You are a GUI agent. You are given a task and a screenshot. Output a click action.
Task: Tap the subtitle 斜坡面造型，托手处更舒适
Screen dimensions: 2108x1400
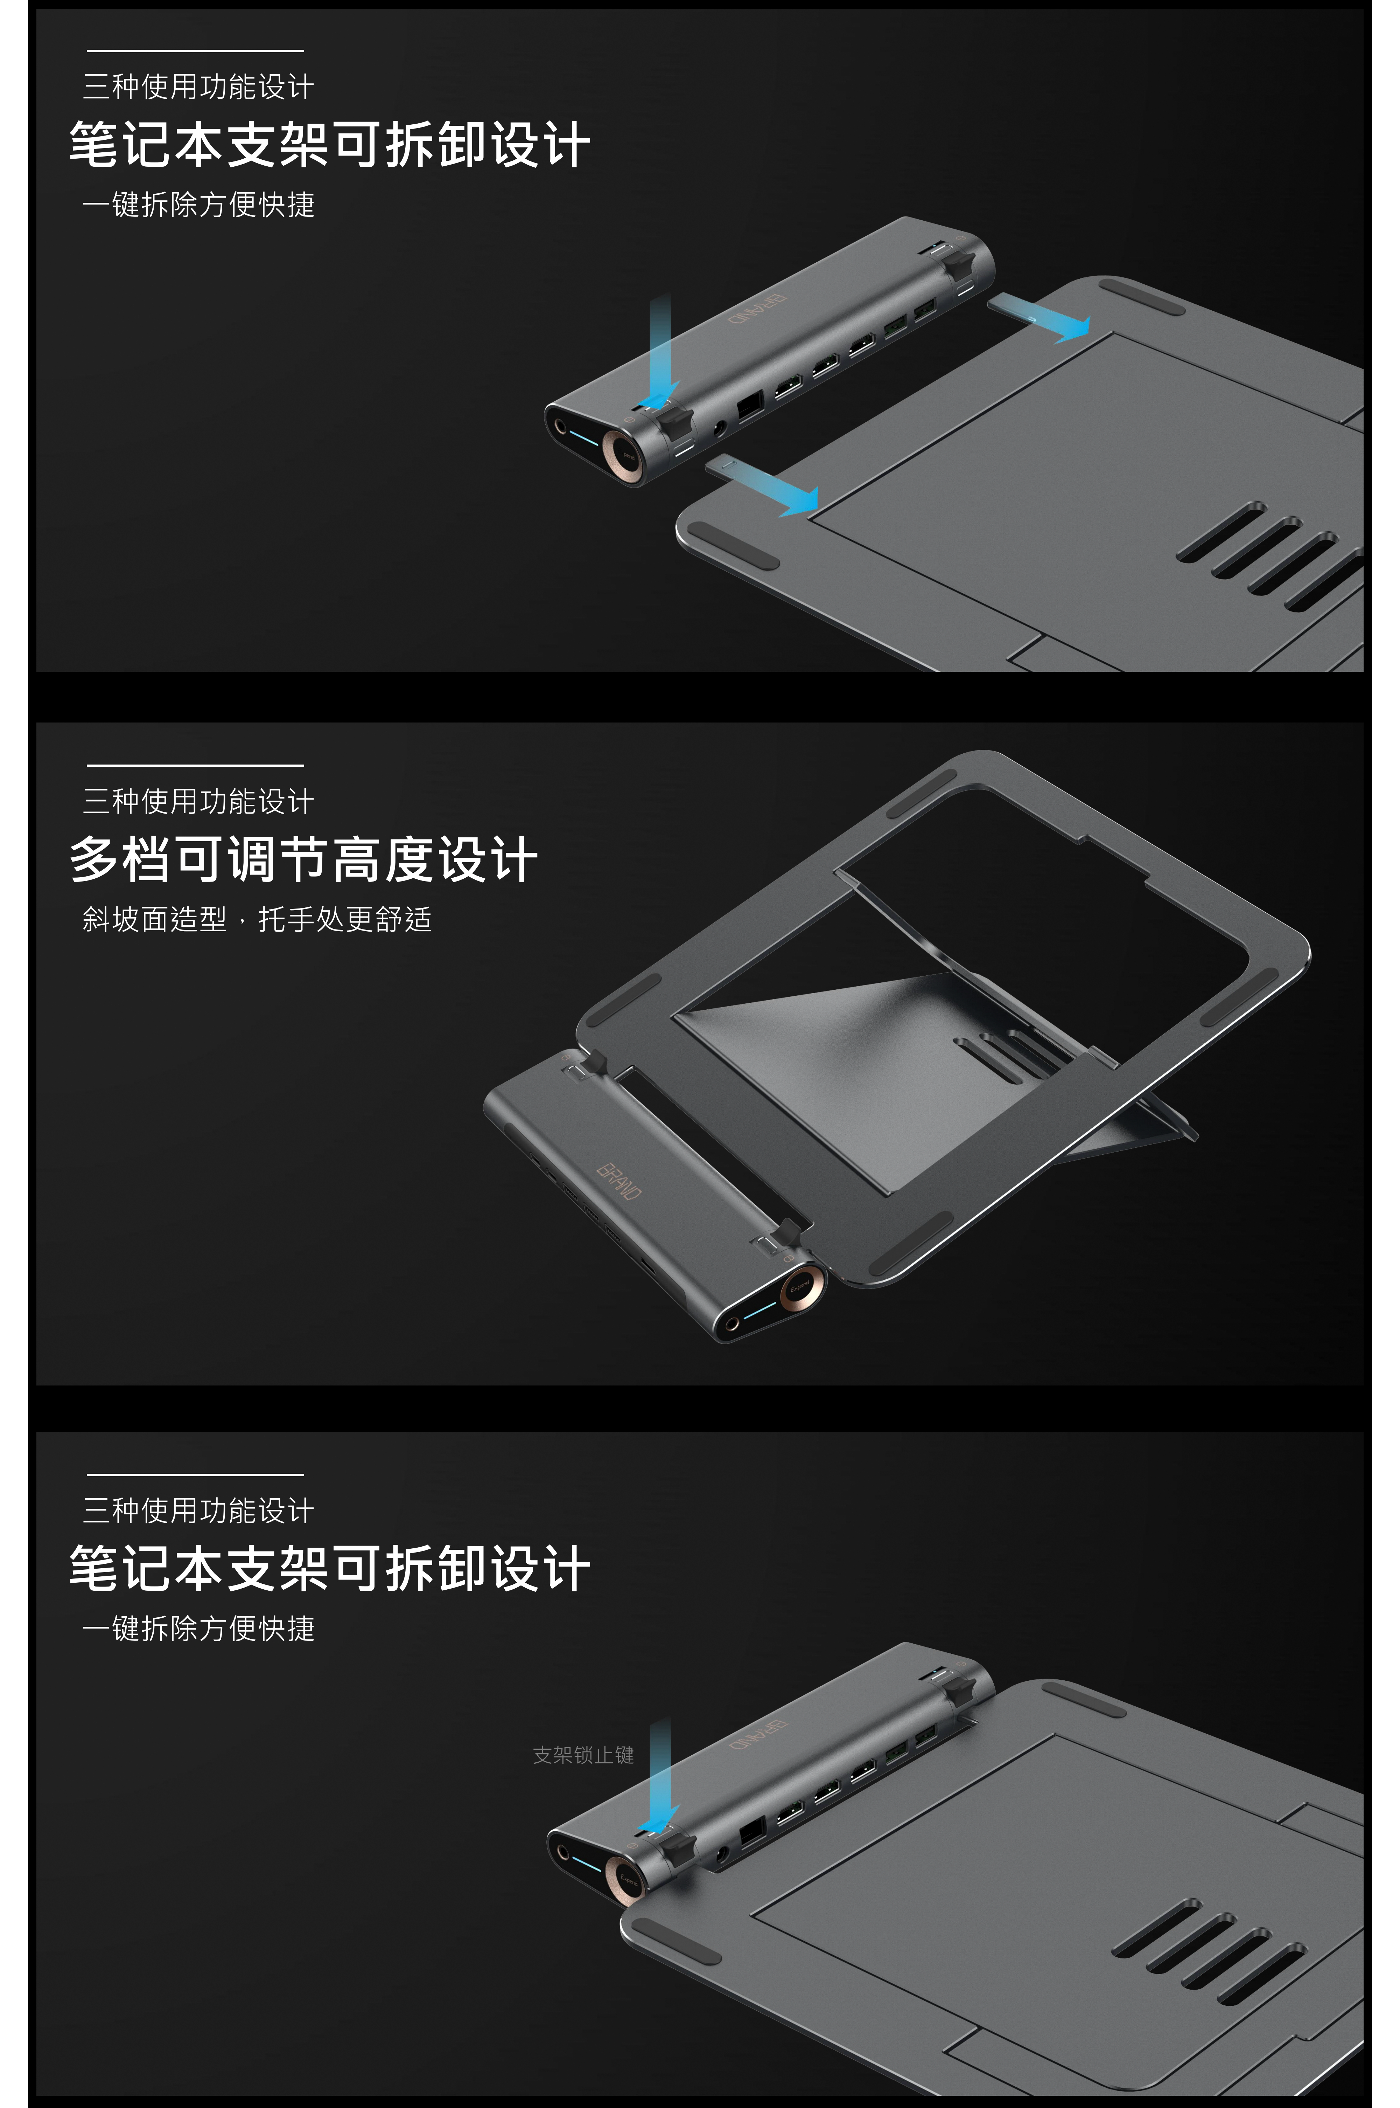(257, 919)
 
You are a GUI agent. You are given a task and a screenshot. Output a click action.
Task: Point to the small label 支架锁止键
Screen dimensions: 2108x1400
(583, 1755)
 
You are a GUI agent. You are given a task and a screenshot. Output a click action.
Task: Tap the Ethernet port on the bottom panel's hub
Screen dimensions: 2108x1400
(752, 1832)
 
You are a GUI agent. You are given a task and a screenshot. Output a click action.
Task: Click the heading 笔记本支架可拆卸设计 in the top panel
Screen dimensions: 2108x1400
(329, 145)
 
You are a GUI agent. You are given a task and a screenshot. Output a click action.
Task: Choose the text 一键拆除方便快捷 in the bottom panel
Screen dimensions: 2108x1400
(198, 1628)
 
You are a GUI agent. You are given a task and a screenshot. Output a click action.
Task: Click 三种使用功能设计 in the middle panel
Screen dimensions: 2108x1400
(198, 801)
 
